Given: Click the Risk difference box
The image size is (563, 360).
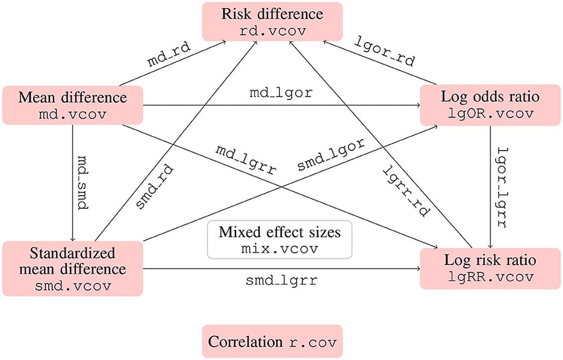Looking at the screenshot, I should click(x=272, y=21).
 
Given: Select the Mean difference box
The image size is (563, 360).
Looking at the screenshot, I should click(x=73, y=105).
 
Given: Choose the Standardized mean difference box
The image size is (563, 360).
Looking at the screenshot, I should click(x=73, y=268).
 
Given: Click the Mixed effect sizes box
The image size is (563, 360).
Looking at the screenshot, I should click(x=279, y=240).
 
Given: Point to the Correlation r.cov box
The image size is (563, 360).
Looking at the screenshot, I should click(x=272, y=342).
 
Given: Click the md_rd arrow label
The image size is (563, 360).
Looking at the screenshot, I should click(x=166, y=61).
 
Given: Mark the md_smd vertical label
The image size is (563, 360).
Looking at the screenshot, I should click(x=82, y=182).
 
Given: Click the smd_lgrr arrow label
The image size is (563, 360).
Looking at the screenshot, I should click(x=281, y=281).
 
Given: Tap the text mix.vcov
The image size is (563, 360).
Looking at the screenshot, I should click(x=279, y=247).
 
